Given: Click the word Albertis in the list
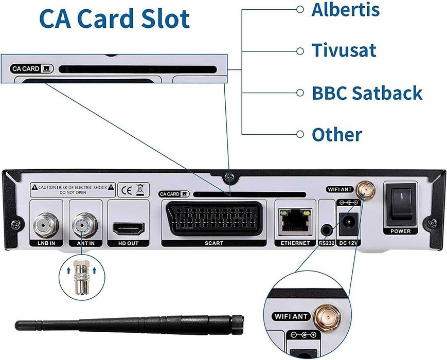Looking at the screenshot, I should point(345,9).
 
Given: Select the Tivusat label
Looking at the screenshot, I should point(344,50).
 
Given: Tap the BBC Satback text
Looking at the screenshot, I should point(367,93).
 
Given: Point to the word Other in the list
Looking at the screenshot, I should point(337,135).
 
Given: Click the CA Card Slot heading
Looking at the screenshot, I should point(115,19).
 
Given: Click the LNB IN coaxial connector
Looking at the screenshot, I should point(43,224).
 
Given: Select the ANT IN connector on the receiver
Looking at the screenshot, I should point(82,224).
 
